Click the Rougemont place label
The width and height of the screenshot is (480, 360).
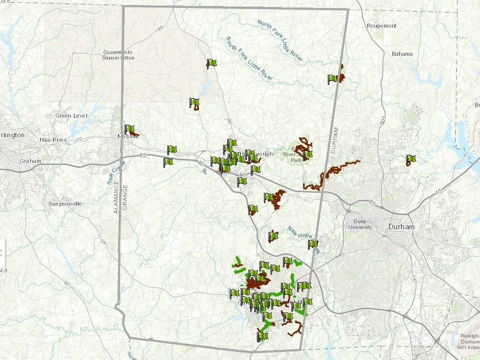click(381, 26)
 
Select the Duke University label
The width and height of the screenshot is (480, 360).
click(360, 224)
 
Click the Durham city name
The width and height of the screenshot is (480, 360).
click(402, 227)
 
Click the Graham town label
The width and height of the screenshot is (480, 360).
click(30, 161)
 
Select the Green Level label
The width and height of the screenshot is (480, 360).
click(71, 116)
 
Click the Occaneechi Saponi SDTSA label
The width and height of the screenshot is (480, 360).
click(119, 55)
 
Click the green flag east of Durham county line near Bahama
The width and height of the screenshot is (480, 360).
click(411, 160)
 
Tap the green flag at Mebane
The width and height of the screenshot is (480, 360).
click(129, 130)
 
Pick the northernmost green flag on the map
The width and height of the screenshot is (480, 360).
click(212, 63)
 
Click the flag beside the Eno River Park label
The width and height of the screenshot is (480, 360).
click(308, 154)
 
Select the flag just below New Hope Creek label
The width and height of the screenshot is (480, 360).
click(313, 244)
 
